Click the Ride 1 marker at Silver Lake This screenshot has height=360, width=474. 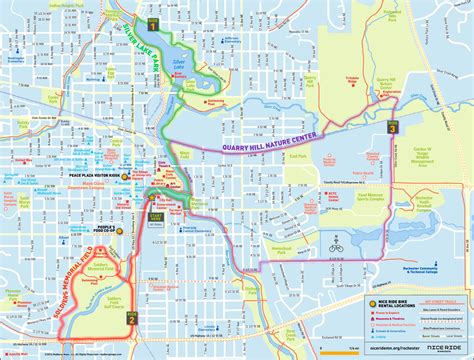[152, 22]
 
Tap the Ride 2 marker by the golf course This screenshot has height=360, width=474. [131, 318]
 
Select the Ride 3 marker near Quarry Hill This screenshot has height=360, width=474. [392, 128]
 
